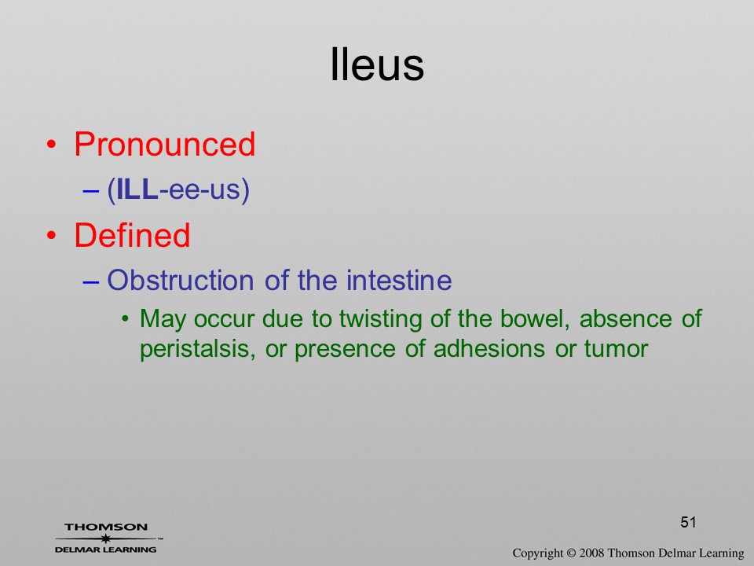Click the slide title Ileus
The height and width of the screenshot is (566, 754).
coord(377,64)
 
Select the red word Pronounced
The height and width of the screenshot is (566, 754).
coord(164,144)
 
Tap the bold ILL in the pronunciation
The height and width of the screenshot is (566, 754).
coord(137,189)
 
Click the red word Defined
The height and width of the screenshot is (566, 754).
coord(132,235)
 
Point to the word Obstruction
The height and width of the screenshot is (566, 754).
coord(181,280)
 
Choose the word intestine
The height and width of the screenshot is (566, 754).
coord(399,280)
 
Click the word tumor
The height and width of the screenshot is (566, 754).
coord(616,349)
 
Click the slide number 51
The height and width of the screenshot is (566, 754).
coord(688,522)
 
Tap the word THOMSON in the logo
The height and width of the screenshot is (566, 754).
coord(106,527)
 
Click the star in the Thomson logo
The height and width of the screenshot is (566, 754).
coord(106,538)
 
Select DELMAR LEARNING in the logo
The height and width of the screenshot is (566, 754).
coord(106,549)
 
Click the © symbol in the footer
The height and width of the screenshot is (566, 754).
coord(571,553)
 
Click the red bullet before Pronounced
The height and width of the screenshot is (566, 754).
coord(52,145)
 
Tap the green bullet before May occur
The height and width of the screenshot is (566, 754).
coord(126,318)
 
